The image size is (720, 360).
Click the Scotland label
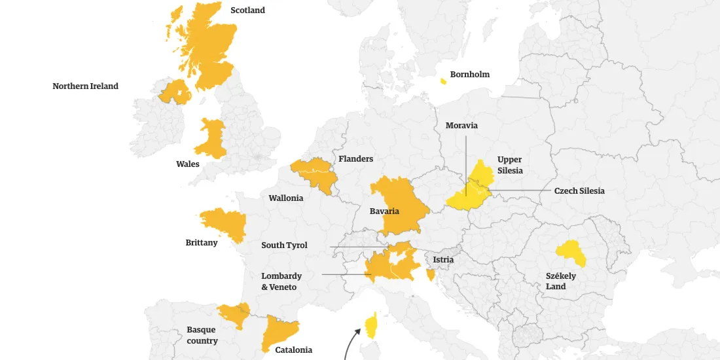[247, 10]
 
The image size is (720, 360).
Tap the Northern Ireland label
[86, 86]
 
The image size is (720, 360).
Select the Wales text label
[188, 164]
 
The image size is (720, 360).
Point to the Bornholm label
[469, 75]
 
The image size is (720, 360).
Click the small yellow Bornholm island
[444, 81]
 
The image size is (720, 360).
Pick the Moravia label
[461, 126]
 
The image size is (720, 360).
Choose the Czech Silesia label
[579, 191]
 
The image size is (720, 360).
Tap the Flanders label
[356, 159]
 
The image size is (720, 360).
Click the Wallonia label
[286, 198]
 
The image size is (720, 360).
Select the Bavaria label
[384, 211]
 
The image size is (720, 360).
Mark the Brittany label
[202, 243]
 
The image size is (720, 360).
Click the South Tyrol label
[284, 245]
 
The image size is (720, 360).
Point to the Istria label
[443, 260]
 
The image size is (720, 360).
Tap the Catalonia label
[293, 350]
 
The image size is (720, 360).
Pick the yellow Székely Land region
[571, 254]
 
